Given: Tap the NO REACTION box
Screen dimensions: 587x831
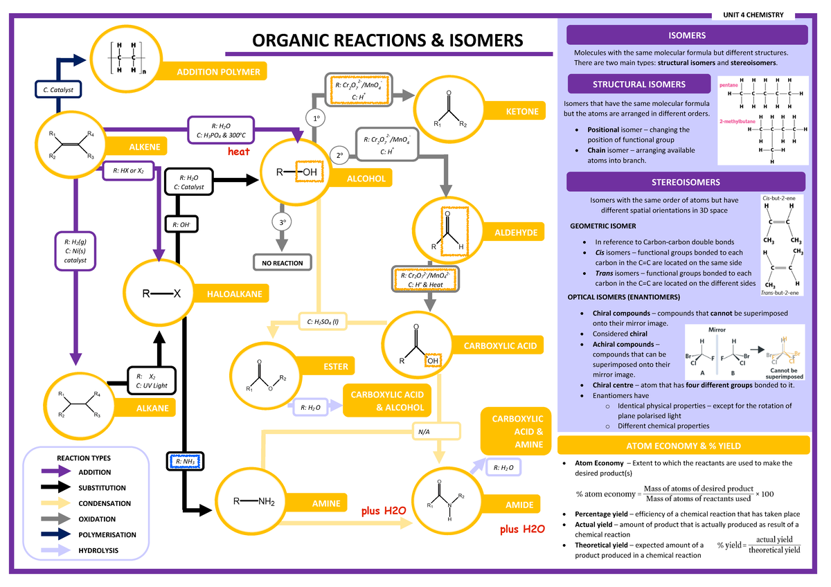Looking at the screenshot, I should point(282,263).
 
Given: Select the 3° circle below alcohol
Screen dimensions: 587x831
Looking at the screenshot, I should point(282,223).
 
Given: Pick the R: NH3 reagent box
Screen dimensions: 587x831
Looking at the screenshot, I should point(184,461).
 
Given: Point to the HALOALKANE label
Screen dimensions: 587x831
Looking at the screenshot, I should point(234,294).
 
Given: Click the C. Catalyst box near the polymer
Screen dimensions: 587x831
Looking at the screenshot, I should point(59,89).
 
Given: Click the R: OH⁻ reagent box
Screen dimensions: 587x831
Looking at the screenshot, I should point(182,224).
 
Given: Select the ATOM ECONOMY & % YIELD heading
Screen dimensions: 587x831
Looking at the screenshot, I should point(688,445).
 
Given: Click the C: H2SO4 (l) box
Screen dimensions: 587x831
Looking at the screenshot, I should point(323,321).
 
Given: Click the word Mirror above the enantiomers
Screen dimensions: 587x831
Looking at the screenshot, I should point(716,330).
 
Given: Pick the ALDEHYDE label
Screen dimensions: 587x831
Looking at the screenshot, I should point(515,233).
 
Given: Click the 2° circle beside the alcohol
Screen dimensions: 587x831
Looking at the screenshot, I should point(339,156).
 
